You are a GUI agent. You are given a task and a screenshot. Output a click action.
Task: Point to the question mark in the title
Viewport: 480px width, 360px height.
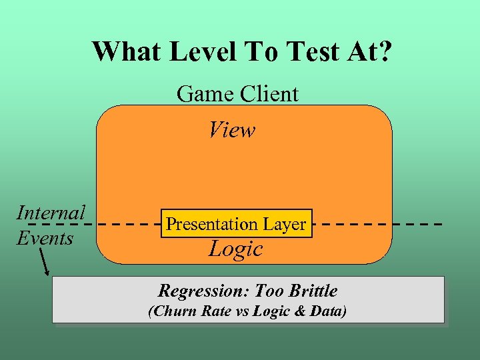(385, 51)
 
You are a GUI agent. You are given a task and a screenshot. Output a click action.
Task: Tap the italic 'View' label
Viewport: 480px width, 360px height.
(232, 129)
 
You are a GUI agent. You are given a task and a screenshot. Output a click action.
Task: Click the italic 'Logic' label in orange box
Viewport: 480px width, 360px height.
(235, 249)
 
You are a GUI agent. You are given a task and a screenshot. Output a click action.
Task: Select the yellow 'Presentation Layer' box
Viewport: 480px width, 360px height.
(235, 224)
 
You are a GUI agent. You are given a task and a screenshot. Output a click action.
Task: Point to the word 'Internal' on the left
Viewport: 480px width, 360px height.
(51, 213)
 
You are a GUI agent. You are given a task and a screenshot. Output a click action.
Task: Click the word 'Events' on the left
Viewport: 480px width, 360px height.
(45, 237)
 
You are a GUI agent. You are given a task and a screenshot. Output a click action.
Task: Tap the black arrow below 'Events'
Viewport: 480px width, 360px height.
(45, 262)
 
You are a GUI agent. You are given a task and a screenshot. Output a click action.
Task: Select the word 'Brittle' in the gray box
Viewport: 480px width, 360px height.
(312, 291)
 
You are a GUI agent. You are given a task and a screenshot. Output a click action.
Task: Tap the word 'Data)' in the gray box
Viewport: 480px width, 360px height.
(329, 311)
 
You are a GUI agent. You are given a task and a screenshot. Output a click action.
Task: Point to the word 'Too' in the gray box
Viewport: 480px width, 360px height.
(270, 291)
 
